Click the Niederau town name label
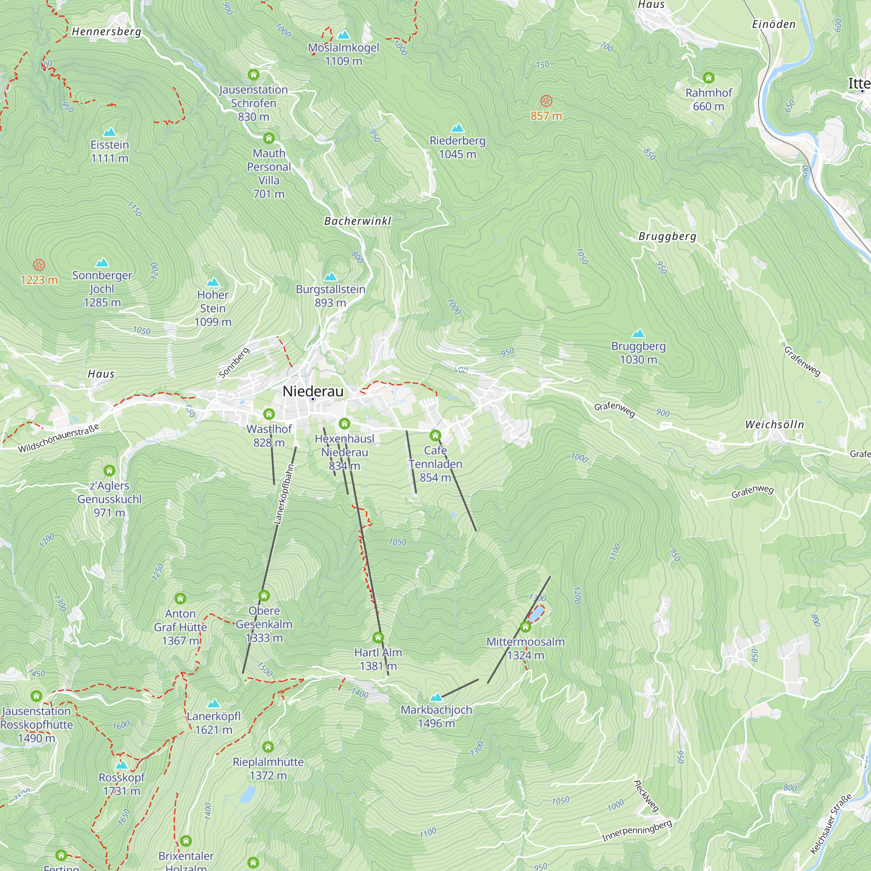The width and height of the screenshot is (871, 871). tap(312, 391)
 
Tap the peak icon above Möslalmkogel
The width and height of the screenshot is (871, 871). tap(344, 35)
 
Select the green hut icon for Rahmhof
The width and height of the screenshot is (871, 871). tap(708, 78)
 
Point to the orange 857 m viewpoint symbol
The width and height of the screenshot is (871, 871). tap(546, 101)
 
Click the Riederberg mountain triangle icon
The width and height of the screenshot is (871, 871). tap(457, 128)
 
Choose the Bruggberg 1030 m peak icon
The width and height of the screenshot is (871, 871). tap(638, 334)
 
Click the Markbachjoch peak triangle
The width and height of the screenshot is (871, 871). tap(436, 697)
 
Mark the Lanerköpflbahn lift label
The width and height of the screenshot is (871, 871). tap(284, 495)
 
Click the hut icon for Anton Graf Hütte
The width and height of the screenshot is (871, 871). tap(180, 599)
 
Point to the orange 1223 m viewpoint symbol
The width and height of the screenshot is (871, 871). tap(39, 265)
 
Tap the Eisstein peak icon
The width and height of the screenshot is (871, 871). tap(110, 132)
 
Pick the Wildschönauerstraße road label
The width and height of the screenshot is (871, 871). tap(59, 438)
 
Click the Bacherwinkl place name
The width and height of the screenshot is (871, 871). tap(358, 221)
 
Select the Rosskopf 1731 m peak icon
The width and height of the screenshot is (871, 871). tap(121, 765)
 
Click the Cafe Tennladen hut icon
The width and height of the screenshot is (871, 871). tap(435, 435)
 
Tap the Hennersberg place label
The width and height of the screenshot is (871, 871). tap(106, 31)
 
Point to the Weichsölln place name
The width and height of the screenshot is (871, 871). tap(774, 424)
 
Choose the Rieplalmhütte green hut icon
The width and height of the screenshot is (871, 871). tap(268, 747)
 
